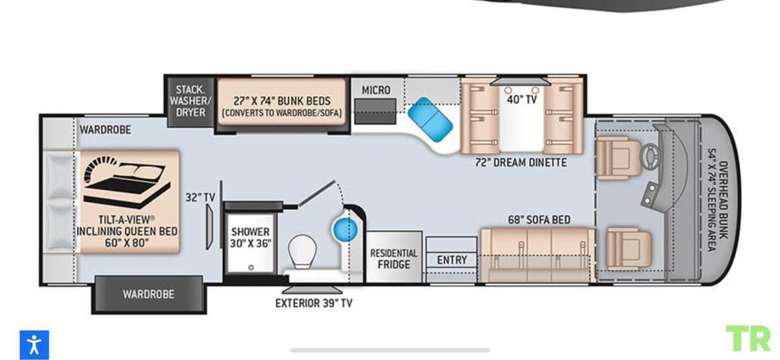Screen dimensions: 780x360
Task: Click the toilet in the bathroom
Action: click(302, 251)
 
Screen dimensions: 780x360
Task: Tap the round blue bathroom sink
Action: click(345, 230)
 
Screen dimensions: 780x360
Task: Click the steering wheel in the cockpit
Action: click(650, 157)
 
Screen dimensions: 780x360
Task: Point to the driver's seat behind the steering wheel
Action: click(617, 158)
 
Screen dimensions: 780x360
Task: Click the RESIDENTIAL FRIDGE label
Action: click(394, 259)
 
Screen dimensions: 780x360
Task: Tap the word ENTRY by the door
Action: click(452, 260)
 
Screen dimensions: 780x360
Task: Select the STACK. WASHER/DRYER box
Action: click(190, 101)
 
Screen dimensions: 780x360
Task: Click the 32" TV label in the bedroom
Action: click(200, 198)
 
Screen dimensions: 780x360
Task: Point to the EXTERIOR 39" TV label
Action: click(314, 303)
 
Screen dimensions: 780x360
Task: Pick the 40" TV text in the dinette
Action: click(521, 99)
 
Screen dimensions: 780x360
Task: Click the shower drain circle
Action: click(251, 267)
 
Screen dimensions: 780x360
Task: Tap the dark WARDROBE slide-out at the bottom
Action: click(149, 294)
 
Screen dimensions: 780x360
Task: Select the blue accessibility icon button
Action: click(34, 344)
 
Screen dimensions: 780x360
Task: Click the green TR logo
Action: click(748, 338)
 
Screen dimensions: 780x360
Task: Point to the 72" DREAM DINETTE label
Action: click(521, 162)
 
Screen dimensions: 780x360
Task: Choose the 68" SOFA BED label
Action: click(539, 220)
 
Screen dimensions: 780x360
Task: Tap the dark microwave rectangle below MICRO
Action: click(376, 111)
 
